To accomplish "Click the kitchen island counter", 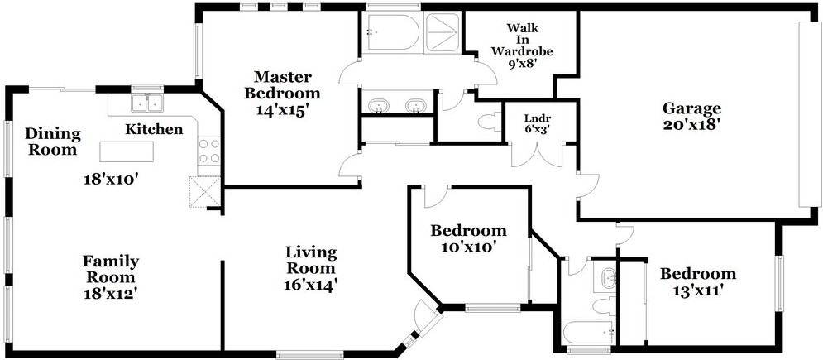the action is click(x=127, y=151).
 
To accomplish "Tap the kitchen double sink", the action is click(x=147, y=103).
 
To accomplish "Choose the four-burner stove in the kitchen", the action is click(x=209, y=151).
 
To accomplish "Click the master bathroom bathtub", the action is click(x=393, y=32).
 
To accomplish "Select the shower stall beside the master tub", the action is click(x=443, y=32).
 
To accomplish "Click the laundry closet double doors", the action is click(x=537, y=156).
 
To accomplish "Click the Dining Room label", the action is click(x=53, y=142).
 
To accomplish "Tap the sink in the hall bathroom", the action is click(x=608, y=276).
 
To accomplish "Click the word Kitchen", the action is click(x=154, y=129).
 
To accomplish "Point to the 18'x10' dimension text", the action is click(x=111, y=180).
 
